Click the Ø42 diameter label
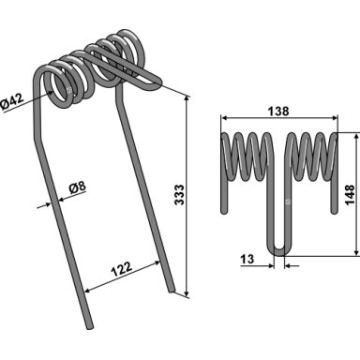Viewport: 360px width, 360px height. pos(12,101)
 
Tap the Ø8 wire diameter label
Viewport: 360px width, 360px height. pos(77,187)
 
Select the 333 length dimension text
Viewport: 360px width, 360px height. pos(179,195)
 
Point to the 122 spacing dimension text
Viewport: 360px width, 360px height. pos(121,269)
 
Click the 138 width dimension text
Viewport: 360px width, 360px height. pos(278,111)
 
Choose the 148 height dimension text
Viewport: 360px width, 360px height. pos(350,194)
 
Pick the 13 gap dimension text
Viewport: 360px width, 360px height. pos(247,259)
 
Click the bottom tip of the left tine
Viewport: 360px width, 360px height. pos(90,327)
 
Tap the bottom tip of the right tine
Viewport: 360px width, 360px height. pos(172,291)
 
